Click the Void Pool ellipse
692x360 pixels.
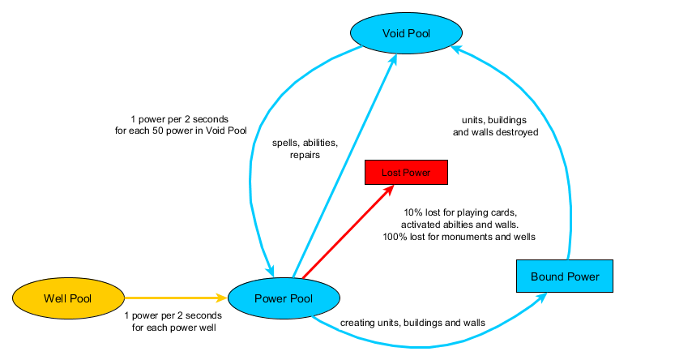(x=406, y=34)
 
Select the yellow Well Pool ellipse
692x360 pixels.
(x=68, y=298)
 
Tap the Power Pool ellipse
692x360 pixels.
(x=283, y=298)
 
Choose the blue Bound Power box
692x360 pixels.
(x=565, y=276)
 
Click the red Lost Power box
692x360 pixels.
(x=406, y=173)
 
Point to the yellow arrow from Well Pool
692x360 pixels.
(x=175, y=298)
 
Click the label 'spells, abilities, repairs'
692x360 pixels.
(x=305, y=148)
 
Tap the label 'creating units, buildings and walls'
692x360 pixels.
(x=412, y=322)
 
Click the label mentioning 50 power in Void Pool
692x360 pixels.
(x=181, y=123)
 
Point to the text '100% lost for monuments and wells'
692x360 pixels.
(x=459, y=238)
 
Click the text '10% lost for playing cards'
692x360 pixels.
(x=459, y=212)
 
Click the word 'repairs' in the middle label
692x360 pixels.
(x=305, y=154)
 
